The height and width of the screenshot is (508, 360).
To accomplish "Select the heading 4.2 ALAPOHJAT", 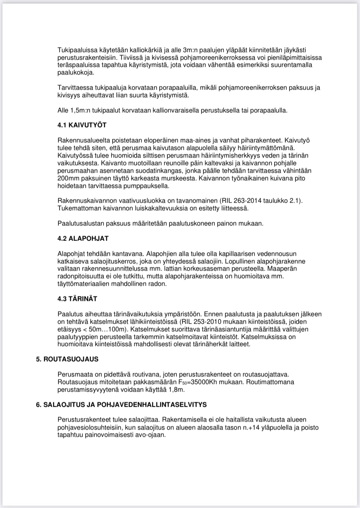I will [x=83, y=238].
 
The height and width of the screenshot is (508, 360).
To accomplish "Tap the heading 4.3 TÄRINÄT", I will [x=77, y=299].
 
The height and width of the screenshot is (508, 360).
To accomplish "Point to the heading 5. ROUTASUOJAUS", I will [x=67, y=359].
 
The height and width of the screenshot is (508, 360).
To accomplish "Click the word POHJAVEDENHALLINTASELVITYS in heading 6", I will [x=152, y=404].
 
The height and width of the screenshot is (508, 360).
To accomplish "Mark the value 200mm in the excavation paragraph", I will [x=66, y=178].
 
